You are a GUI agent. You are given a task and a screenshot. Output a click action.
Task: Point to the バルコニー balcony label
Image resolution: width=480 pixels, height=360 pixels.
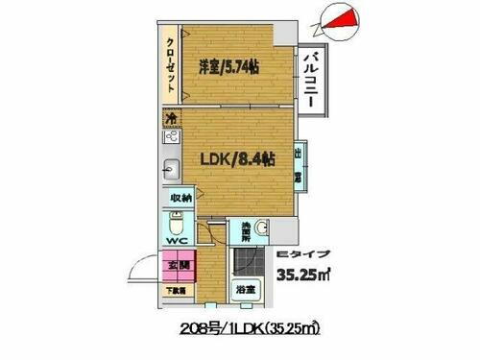point(311,84)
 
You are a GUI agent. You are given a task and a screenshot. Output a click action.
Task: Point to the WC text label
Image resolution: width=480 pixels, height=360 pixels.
point(177,242)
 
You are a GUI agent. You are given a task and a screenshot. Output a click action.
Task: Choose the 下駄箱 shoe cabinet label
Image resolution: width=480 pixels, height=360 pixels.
point(179,288)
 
